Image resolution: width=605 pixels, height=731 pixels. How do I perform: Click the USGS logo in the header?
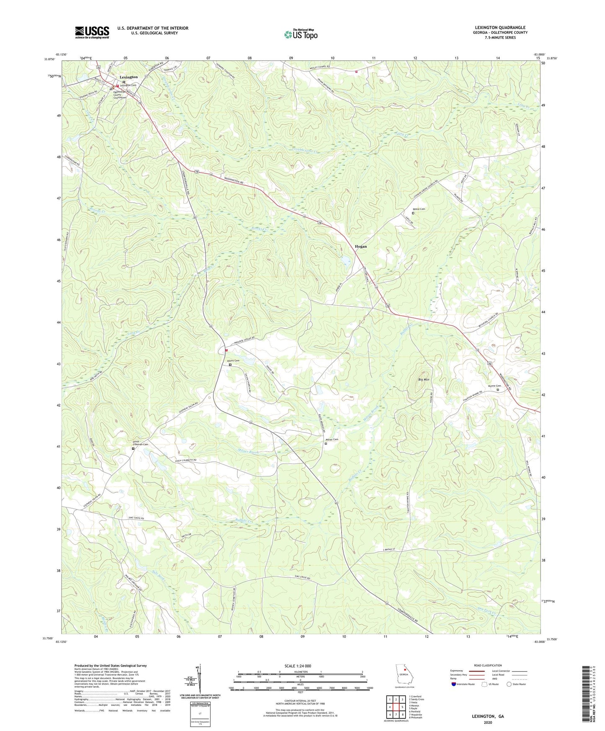click(x=92, y=32)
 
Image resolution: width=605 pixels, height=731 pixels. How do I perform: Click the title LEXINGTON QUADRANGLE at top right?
click(x=500, y=28)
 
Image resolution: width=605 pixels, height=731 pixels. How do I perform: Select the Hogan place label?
click(x=360, y=247)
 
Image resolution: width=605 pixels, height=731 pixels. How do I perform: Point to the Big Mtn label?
click(x=424, y=379)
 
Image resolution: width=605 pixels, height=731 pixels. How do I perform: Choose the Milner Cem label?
click(x=332, y=439)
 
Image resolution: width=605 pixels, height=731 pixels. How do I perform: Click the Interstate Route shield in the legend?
click(x=454, y=684)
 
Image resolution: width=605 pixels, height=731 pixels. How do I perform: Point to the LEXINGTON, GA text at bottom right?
click(x=488, y=716)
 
